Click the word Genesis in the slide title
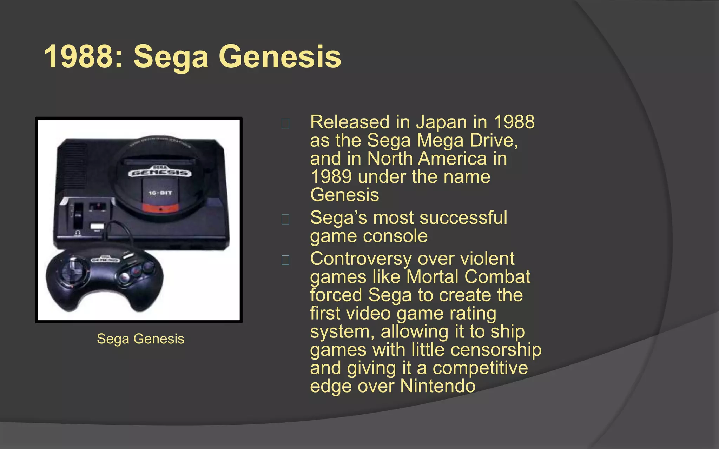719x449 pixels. coord(280,57)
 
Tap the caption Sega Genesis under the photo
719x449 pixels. coord(140,339)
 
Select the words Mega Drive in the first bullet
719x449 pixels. coord(467,140)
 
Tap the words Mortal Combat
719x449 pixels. coord(468,277)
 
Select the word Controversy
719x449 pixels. coord(361,259)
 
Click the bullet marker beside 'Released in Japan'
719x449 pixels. coord(285,123)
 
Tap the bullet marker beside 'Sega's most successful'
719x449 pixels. coord(285,219)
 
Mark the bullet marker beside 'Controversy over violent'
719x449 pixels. coord(285,260)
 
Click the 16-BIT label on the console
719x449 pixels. coord(160,193)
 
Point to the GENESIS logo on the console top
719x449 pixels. coord(160,173)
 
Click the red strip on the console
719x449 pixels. coord(160,208)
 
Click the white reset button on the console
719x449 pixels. coord(97,226)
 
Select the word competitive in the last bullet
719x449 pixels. coord(480,368)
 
